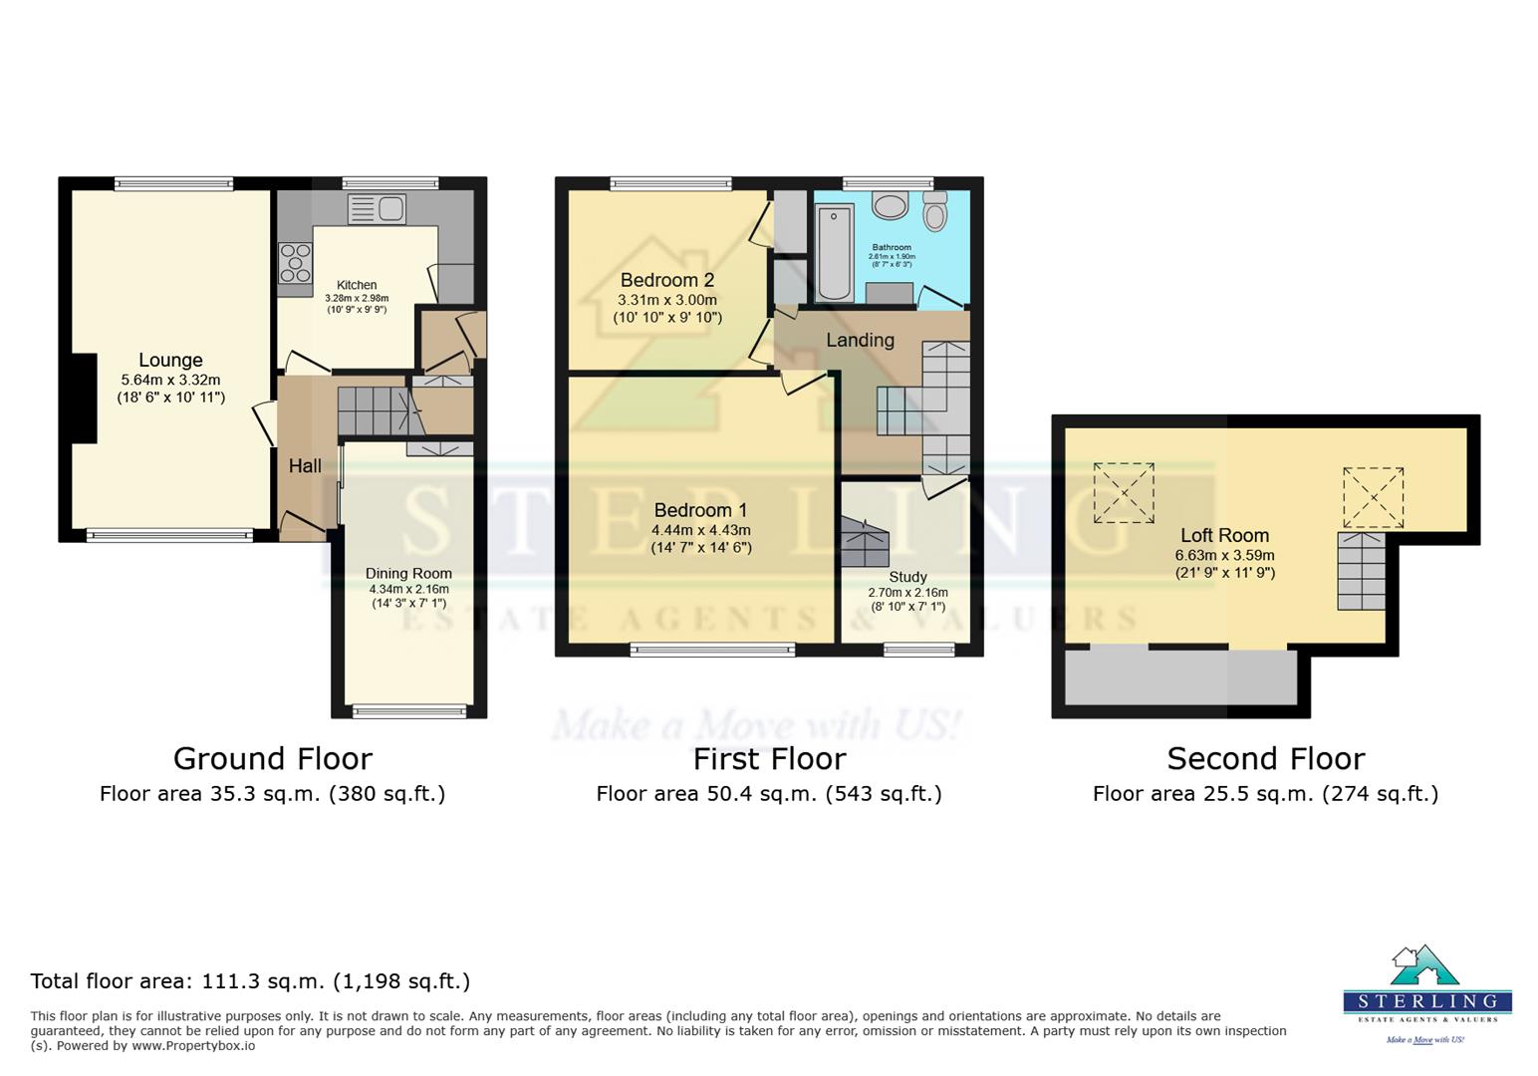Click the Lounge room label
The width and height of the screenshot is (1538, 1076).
pyautogui.click(x=170, y=360)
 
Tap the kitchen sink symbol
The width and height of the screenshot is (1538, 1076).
pyautogui.click(x=377, y=209)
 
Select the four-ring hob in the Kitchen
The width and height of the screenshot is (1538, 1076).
pyautogui.click(x=295, y=263)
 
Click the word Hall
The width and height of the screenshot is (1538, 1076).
pyautogui.click(x=305, y=465)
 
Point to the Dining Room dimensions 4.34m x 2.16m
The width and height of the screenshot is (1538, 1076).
pyautogui.click(x=408, y=589)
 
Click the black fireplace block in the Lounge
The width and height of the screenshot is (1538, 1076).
pyautogui.click(x=84, y=399)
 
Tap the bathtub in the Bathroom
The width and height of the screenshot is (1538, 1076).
pyautogui.click(x=835, y=251)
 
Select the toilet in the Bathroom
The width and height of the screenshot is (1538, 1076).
pyautogui.click(x=934, y=210)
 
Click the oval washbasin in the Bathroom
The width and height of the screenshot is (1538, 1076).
pyautogui.click(x=890, y=205)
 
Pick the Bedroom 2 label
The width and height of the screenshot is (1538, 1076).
pyautogui.click(x=667, y=280)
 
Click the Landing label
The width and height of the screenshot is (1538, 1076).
pyautogui.click(x=860, y=340)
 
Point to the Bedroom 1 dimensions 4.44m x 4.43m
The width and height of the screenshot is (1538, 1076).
pyautogui.click(x=700, y=530)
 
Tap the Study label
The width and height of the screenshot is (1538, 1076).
pyautogui.click(x=907, y=577)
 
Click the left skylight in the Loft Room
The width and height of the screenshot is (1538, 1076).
pyautogui.click(x=1124, y=492)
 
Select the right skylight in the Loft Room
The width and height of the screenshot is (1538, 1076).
pyautogui.click(x=1373, y=497)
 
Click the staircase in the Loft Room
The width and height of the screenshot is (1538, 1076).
pyautogui.click(x=1361, y=572)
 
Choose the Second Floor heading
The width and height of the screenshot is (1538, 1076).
pyautogui.click(x=1265, y=759)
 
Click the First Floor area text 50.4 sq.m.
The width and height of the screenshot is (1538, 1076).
pyautogui.click(x=768, y=794)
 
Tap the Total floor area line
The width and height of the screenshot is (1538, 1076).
pyautogui.click(x=250, y=981)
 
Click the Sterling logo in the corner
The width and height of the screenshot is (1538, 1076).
pyautogui.click(x=1426, y=993)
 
